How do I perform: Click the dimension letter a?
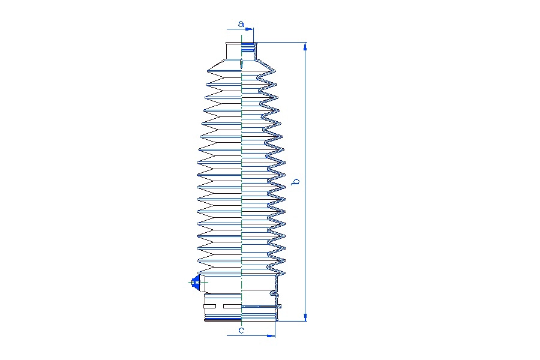[x=241, y=24]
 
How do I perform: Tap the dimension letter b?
[x=295, y=181]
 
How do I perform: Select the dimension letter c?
[x=241, y=330]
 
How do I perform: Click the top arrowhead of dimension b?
[x=305, y=47]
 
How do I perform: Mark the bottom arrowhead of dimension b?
[x=305, y=317]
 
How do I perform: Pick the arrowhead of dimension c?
[x=271, y=335]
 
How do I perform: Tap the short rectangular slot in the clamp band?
[x=209, y=306]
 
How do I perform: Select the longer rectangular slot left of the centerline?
[x=232, y=306]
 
